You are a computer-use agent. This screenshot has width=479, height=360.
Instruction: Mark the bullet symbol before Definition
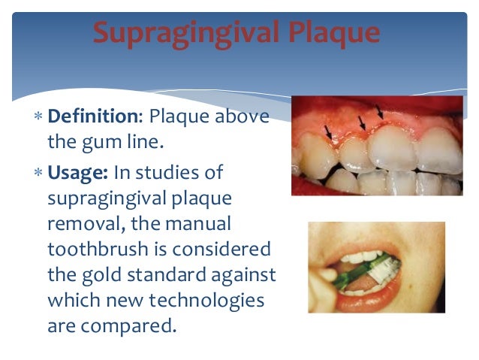click(x=38, y=117)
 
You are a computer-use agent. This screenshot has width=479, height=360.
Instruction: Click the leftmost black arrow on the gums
click(x=328, y=132)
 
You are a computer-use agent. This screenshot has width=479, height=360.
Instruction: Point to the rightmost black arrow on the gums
click(x=379, y=111)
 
